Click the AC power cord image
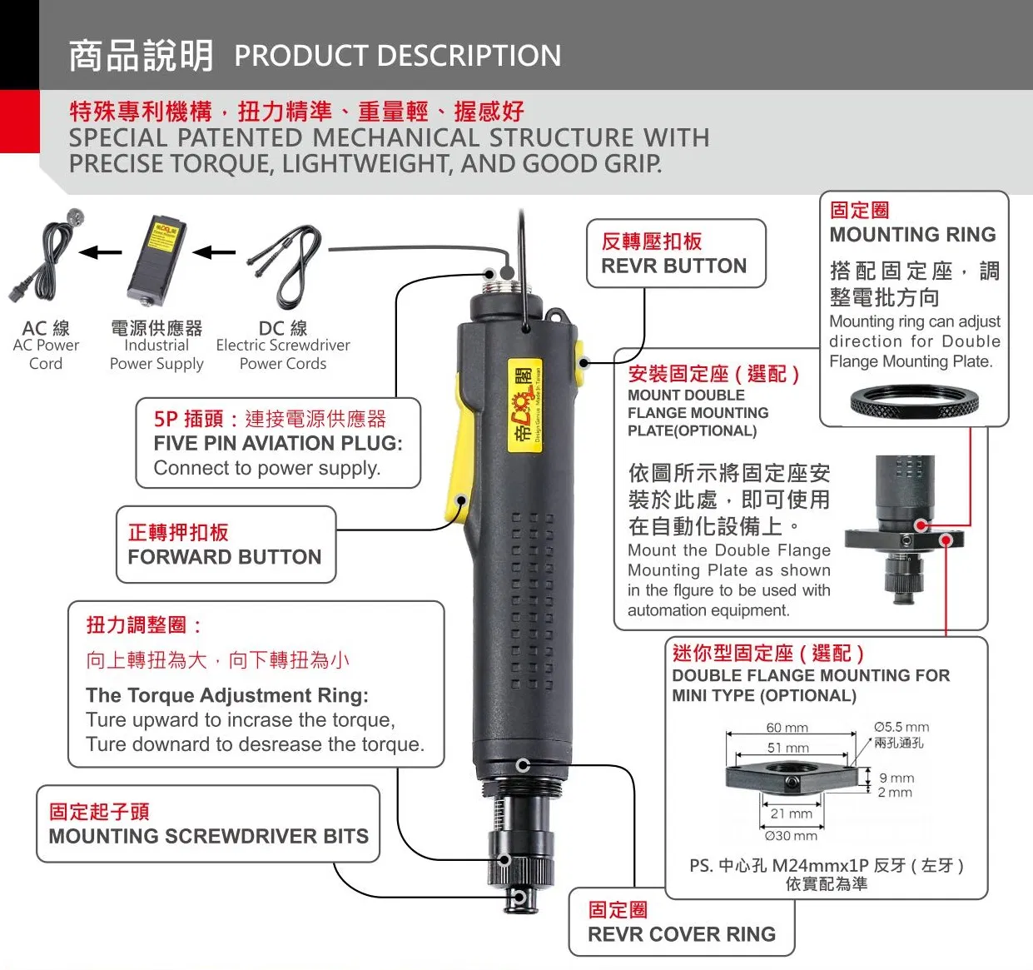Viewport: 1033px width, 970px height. (47, 255)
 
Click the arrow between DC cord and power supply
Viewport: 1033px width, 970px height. (214, 252)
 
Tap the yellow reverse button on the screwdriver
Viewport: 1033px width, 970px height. (579, 361)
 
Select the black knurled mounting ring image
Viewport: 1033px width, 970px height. (914, 404)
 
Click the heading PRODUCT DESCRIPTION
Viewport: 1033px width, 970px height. (397, 56)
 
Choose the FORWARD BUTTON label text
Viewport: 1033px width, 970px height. (224, 557)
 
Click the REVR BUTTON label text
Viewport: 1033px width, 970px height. (673, 266)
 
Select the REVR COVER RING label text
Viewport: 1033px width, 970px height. (681, 934)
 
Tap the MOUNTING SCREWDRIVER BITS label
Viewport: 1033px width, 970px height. (208, 836)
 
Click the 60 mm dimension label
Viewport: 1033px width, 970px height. (787, 727)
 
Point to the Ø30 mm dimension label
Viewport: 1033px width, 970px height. (790, 835)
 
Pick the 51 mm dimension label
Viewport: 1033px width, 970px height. (787, 748)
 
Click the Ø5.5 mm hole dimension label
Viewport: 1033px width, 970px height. (901, 727)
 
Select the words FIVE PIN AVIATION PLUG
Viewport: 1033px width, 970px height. (277, 443)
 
